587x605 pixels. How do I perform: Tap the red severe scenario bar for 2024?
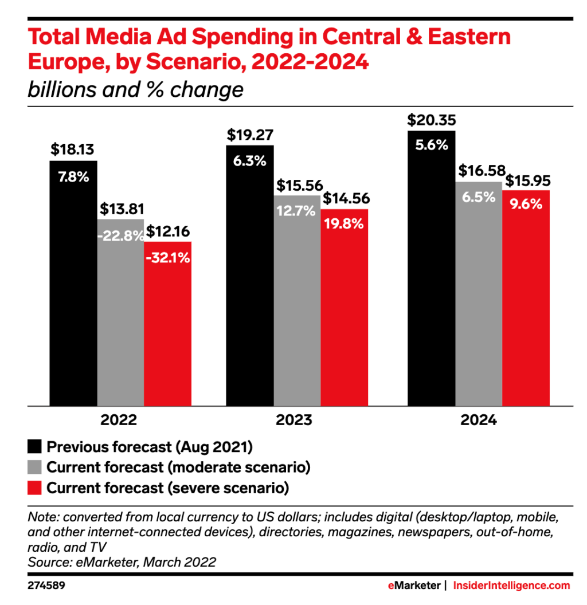[526, 298]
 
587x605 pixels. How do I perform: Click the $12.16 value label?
[169, 231]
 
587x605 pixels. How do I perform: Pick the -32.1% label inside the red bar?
[168, 258]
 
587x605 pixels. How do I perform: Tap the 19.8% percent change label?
[344, 224]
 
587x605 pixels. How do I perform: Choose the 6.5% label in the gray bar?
[478, 197]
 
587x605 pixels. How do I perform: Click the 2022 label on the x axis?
[119, 420]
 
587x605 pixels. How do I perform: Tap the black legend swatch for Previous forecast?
[34, 446]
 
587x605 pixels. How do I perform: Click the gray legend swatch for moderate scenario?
[34, 467]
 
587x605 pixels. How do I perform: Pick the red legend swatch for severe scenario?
[34, 488]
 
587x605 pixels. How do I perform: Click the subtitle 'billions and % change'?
[135, 91]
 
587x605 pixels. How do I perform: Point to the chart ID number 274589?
[49, 586]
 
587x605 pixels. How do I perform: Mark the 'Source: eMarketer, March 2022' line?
[122, 562]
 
